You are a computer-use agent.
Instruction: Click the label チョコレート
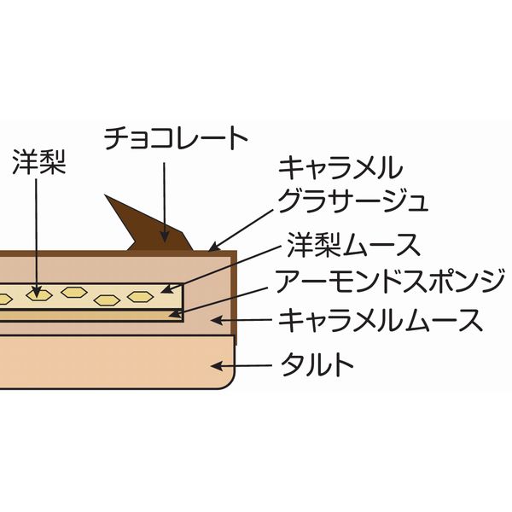(x=176, y=138)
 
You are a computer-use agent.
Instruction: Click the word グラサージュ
(x=352, y=201)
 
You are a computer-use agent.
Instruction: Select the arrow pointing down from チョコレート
(x=164, y=196)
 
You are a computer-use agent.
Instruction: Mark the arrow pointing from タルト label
(x=243, y=367)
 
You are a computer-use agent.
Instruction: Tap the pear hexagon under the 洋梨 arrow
(x=36, y=294)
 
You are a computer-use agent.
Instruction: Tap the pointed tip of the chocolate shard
(x=107, y=198)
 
